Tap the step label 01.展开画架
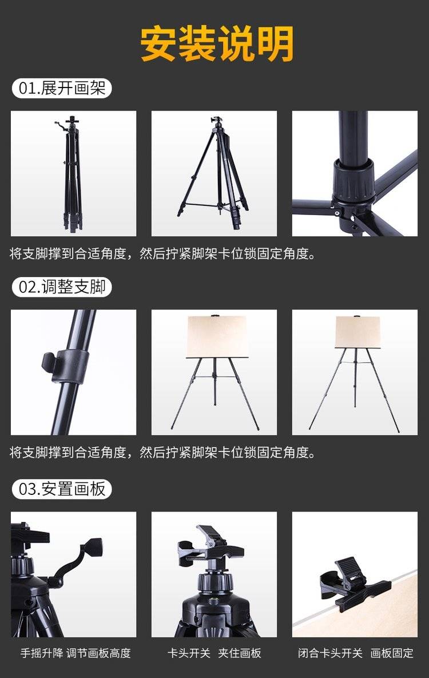(62, 88)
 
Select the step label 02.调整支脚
(62, 287)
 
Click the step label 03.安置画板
(62, 489)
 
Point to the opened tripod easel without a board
(214, 173)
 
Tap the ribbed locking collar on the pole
(353, 181)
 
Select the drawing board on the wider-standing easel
(217, 337)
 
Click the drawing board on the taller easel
(357, 332)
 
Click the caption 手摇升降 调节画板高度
(76, 653)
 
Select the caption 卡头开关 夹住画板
(214, 653)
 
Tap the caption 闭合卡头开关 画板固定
(355, 653)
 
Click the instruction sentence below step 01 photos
(162, 254)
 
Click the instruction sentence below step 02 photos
(162, 453)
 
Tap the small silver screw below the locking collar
(337, 213)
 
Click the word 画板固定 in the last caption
(392, 653)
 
